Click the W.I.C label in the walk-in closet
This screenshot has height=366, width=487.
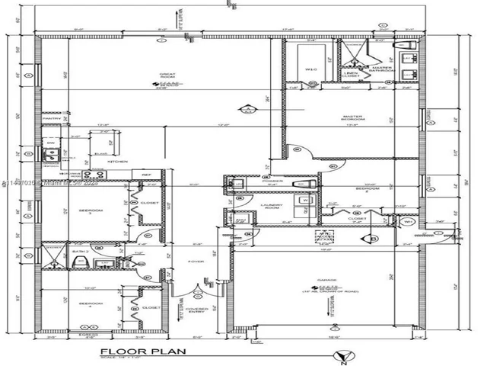[311, 69]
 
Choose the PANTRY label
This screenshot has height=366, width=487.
[52, 119]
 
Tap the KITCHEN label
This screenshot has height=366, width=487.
[116, 162]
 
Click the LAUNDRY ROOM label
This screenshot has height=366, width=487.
[273, 206]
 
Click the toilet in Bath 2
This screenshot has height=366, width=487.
[80, 264]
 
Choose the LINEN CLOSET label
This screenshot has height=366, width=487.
[352, 75]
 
